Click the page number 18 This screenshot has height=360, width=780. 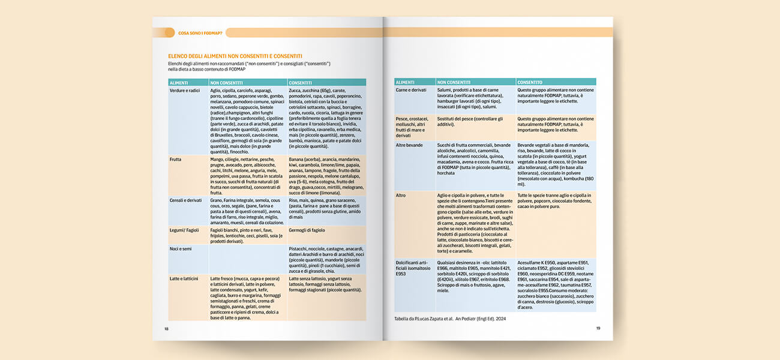pyautogui.click(x=167, y=328)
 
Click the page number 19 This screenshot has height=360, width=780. pyautogui.click(x=598, y=328)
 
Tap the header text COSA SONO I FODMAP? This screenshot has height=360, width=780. pyautogui.click(x=200, y=33)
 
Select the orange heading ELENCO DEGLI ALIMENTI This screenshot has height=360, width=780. pyautogui.click(x=235, y=56)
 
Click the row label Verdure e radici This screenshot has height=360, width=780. pyautogui.click(x=185, y=90)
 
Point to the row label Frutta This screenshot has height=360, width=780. pyautogui.click(x=176, y=160)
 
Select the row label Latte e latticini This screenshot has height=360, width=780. pyautogui.click(x=185, y=278)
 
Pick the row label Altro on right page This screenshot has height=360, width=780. pyautogui.click(x=401, y=195)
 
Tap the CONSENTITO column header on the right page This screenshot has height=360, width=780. pyautogui.click(x=530, y=82)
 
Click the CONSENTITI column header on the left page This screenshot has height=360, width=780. pyautogui.click(x=301, y=82)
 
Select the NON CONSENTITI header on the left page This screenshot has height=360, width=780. pyautogui.click(x=226, y=82)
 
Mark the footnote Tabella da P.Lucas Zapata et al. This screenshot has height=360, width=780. pyautogui.click(x=450, y=319)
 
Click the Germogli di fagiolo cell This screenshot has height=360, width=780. pyautogui.click(x=307, y=230)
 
